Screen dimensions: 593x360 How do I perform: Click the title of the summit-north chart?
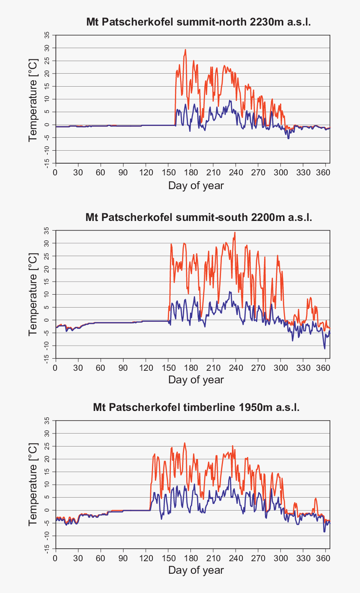[198, 22]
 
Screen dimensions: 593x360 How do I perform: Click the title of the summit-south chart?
[198, 218]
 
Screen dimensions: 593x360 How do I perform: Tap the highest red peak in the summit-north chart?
[185, 50]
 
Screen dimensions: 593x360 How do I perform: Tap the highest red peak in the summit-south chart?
[235, 232]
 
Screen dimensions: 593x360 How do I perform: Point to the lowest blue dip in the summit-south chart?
[324, 348]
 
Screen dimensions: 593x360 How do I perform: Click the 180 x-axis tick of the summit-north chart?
[190, 172]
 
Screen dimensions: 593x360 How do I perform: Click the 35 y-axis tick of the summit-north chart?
[47, 35]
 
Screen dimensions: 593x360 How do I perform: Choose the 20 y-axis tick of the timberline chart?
[47, 459]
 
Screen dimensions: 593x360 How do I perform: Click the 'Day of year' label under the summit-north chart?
[196, 185]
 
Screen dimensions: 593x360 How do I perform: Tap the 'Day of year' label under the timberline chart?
[196, 570]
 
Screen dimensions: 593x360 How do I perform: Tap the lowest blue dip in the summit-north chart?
[288, 138]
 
